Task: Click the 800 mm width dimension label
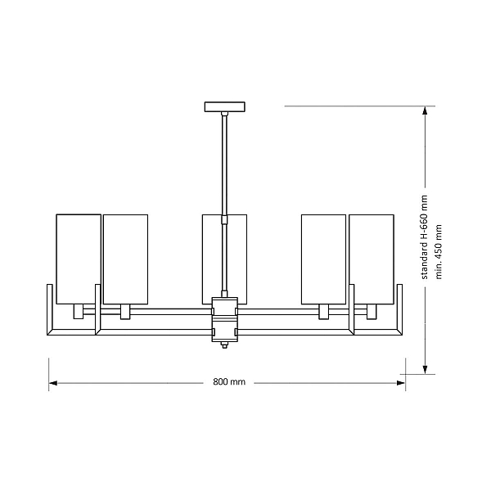[x=229, y=382]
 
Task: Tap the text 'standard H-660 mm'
[x=424, y=237]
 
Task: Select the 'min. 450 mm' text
[x=439, y=251]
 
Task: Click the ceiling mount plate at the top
[x=224, y=106]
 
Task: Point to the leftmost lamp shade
[x=79, y=259]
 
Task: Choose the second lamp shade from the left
[x=125, y=259]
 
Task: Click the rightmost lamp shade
[x=372, y=259]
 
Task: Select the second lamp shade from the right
[x=323, y=259]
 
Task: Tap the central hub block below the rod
[x=224, y=319]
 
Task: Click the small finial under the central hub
[x=224, y=345]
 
